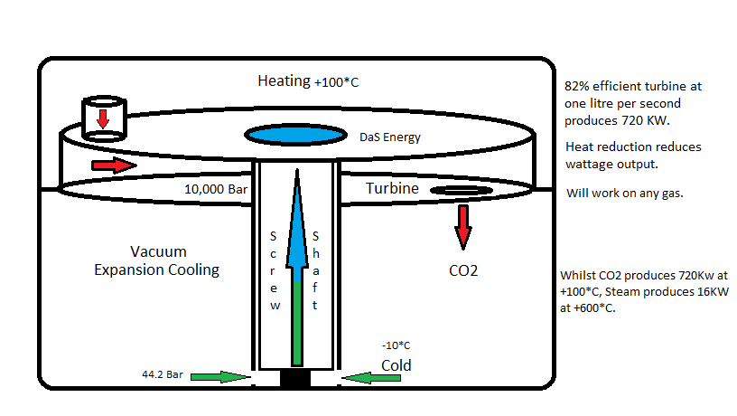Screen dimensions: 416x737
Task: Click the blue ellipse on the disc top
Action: (x=296, y=136)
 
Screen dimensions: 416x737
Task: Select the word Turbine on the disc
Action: (x=393, y=188)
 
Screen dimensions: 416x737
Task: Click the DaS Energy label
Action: (x=390, y=137)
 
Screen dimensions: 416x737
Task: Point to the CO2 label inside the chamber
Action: (x=463, y=269)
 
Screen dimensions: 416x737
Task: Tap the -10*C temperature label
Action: (x=396, y=345)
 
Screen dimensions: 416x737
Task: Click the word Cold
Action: (x=396, y=365)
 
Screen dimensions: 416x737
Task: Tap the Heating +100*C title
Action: (x=310, y=81)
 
